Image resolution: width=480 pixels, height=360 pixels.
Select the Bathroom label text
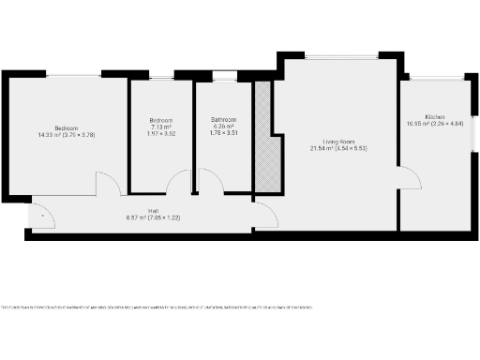(x=223, y=120)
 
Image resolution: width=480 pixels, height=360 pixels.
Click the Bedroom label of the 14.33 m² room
(x=66, y=127)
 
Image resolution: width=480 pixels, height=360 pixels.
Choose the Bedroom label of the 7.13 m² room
(x=161, y=121)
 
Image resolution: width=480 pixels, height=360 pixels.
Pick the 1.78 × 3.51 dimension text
(x=223, y=133)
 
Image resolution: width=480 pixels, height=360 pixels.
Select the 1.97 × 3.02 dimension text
(x=161, y=133)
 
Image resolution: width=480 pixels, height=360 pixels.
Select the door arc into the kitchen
(x=409, y=177)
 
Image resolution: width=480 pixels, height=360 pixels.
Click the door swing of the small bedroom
(x=178, y=184)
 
